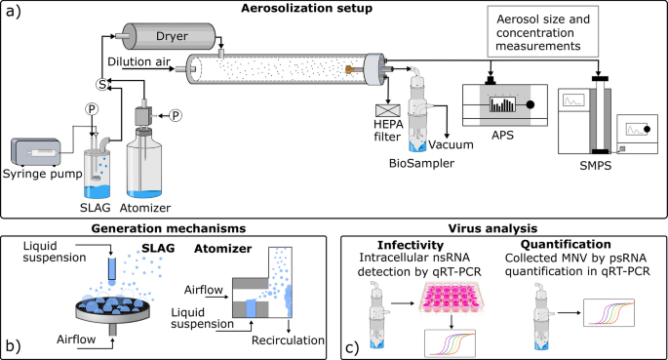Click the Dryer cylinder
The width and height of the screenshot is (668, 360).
(x=169, y=36)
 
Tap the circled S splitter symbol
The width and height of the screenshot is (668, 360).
(x=102, y=84)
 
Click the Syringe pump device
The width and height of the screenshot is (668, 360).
(x=36, y=152)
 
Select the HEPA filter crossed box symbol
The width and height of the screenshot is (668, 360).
(x=388, y=110)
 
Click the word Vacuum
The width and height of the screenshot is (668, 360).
(x=451, y=144)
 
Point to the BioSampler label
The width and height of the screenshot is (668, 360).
(x=421, y=163)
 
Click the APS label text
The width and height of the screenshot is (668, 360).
(x=502, y=136)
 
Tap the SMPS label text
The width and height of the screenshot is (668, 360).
(x=596, y=165)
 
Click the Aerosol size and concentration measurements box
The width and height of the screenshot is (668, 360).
(x=543, y=31)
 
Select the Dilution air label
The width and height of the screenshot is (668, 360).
(x=138, y=61)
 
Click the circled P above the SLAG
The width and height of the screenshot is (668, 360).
(x=91, y=109)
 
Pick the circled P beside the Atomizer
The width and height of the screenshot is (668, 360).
(x=176, y=115)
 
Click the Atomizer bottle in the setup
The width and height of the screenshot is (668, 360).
(x=144, y=163)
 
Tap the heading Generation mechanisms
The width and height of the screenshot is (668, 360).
(x=169, y=229)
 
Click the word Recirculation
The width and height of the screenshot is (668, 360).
(x=288, y=340)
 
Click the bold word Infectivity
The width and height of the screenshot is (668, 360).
(x=411, y=245)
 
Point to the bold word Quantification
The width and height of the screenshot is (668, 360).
(x=566, y=245)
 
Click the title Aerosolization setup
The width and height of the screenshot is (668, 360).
(x=307, y=8)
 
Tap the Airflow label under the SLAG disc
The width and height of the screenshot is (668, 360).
(x=76, y=340)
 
